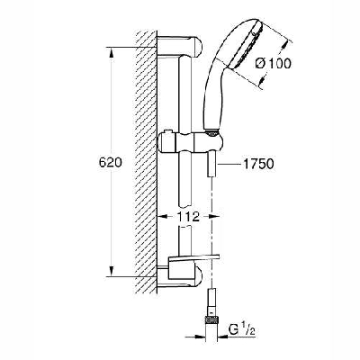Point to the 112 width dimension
point(189,216)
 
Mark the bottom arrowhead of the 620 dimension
point(109,276)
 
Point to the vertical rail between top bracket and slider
point(186,99)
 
